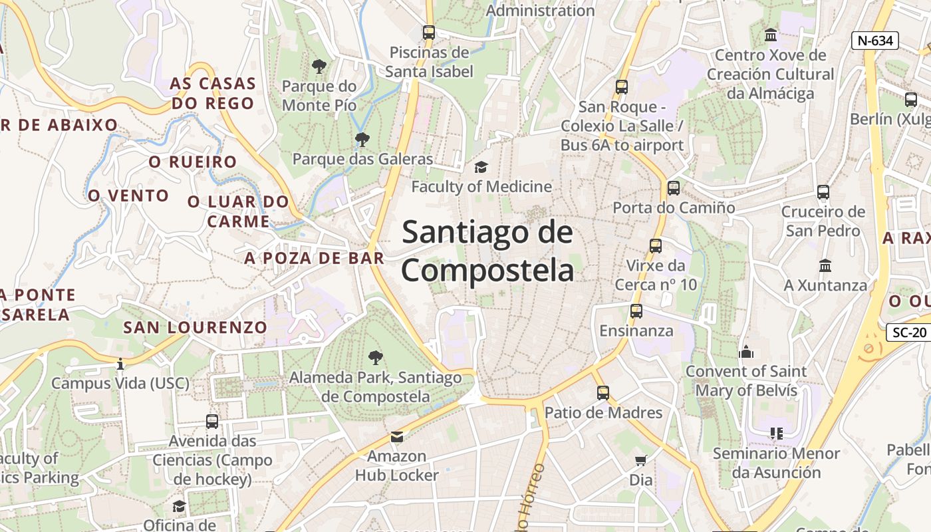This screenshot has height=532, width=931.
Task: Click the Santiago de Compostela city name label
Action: tap(487, 251)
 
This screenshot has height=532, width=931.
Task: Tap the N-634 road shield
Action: tap(874, 41)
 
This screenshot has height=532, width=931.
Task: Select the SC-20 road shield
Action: tap(910, 332)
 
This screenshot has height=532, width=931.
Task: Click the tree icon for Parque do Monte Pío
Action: tap(319, 66)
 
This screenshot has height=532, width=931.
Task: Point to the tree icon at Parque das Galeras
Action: tap(362, 139)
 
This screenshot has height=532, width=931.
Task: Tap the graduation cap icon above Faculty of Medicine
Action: tap(481, 167)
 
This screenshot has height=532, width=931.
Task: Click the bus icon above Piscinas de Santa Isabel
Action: tap(429, 32)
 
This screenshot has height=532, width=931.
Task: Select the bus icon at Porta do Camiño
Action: tap(674, 188)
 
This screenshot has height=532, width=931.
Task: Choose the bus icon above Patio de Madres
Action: tap(603, 392)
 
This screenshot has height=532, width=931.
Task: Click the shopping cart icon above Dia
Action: tap(641, 460)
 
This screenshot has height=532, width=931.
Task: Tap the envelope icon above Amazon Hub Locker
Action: tap(397, 436)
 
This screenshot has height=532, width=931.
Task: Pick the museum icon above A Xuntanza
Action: tap(825, 265)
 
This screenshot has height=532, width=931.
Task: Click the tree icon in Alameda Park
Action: tap(375, 358)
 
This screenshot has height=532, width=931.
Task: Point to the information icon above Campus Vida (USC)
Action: tap(120, 364)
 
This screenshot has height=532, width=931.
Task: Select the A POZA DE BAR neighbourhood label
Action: tap(314, 258)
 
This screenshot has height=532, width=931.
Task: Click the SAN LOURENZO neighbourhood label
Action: tap(195, 327)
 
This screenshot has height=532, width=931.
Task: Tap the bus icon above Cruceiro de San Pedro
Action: tap(823, 192)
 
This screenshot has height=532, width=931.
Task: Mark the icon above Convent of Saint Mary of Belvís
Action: tap(745, 351)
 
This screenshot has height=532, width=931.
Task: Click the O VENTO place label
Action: tap(128, 196)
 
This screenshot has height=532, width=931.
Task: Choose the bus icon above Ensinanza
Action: tap(636, 311)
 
